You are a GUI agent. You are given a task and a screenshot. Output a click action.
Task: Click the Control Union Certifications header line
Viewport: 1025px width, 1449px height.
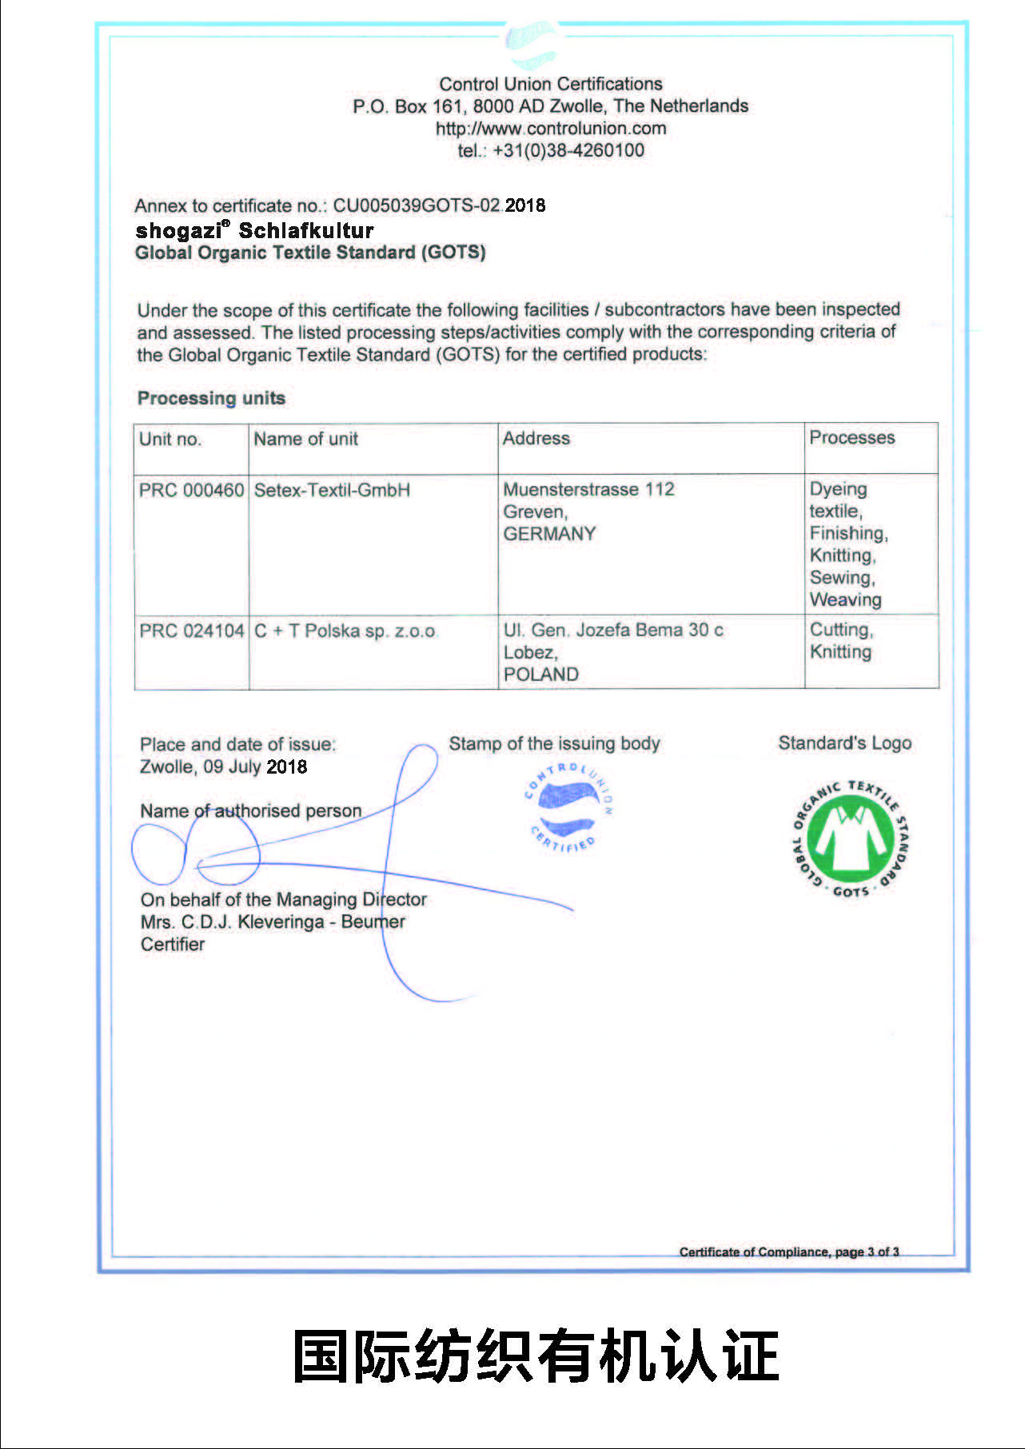(x=550, y=84)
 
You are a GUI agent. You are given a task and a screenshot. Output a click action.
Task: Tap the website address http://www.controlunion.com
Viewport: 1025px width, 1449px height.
(x=550, y=128)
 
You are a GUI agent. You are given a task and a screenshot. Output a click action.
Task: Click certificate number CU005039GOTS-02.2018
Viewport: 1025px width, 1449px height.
(x=439, y=205)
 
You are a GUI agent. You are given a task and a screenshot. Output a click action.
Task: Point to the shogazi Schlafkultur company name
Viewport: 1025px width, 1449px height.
(x=254, y=231)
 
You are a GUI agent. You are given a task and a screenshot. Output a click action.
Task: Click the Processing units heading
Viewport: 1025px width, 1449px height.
(x=211, y=398)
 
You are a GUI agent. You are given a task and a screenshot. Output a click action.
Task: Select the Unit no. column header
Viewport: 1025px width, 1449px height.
(x=170, y=439)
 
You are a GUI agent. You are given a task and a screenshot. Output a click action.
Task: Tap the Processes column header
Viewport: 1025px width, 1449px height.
(x=852, y=438)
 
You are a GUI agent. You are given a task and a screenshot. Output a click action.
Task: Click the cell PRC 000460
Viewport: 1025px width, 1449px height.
(x=191, y=490)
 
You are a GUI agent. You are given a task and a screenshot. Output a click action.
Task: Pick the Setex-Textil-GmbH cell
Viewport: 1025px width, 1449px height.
(x=332, y=490)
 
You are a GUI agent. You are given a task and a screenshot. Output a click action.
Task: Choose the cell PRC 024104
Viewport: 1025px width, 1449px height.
(x=191, y=631)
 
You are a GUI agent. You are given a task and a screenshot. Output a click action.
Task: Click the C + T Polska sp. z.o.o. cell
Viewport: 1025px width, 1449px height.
(x=345, y=631)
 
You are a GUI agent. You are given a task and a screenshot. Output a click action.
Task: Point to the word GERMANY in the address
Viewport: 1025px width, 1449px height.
(x=549, y=534)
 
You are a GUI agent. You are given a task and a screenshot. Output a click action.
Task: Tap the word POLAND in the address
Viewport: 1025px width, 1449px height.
(x=540, y=675)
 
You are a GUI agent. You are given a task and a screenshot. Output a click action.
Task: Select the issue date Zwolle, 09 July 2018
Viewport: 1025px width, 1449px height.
(x=223, y=766)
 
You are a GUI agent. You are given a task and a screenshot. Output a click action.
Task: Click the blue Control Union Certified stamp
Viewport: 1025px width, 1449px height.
(x=568, y=807)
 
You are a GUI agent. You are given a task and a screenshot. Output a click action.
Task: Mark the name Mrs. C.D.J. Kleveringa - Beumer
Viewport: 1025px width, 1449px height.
(x=273, y=922)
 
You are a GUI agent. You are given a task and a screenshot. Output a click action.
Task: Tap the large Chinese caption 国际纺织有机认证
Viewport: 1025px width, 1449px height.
(x=536, y=1355)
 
